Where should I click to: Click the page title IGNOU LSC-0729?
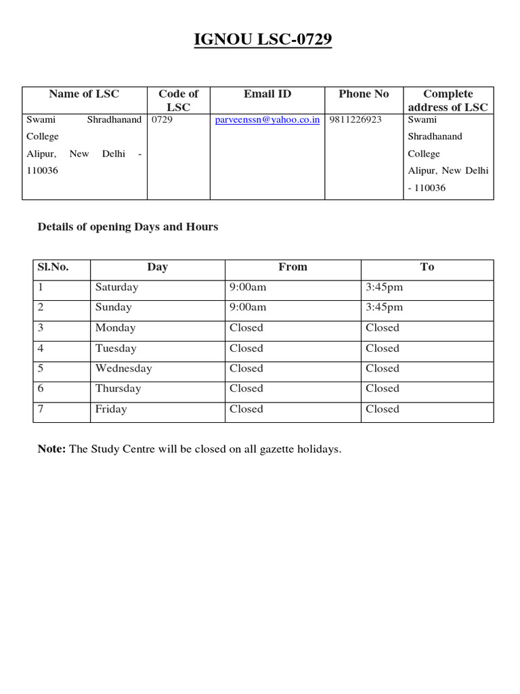[263, 41]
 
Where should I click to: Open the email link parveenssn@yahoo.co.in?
[267, 120]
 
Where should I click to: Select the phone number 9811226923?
[355, 120]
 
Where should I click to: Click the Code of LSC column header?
[178, 100]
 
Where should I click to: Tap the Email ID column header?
[267, 94]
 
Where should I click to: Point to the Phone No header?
[364, 94]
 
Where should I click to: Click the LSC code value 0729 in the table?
[162, 120]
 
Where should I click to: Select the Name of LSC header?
[84, 94]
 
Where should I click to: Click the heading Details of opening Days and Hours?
[128, 227]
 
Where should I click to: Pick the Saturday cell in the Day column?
[116, 287]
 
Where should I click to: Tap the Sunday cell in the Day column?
[114, 308]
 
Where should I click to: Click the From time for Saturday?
[248, 287]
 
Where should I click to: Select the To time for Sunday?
[384, 308]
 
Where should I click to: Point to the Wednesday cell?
[124, 369]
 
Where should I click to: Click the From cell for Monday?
[246, 328]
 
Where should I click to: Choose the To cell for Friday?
[383, 409]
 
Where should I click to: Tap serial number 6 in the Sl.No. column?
[41, 389]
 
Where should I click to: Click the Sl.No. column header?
[53, 267]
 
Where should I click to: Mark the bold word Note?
[51, 449]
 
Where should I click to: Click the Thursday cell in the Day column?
[118, 389]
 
